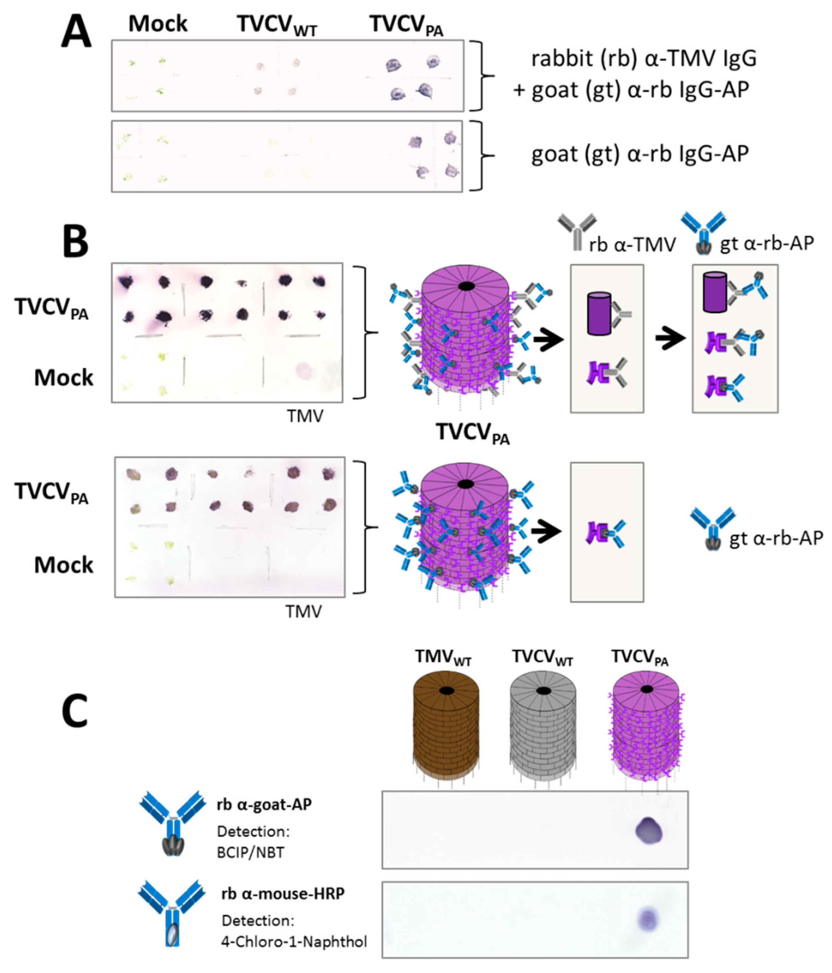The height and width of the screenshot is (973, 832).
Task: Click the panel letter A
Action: pos(76,33)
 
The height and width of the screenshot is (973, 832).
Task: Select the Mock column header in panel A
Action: pos(158,23)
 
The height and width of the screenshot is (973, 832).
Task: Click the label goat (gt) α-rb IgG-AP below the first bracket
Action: pos(640,154)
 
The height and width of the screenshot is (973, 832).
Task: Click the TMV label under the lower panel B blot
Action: pos(303,611)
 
